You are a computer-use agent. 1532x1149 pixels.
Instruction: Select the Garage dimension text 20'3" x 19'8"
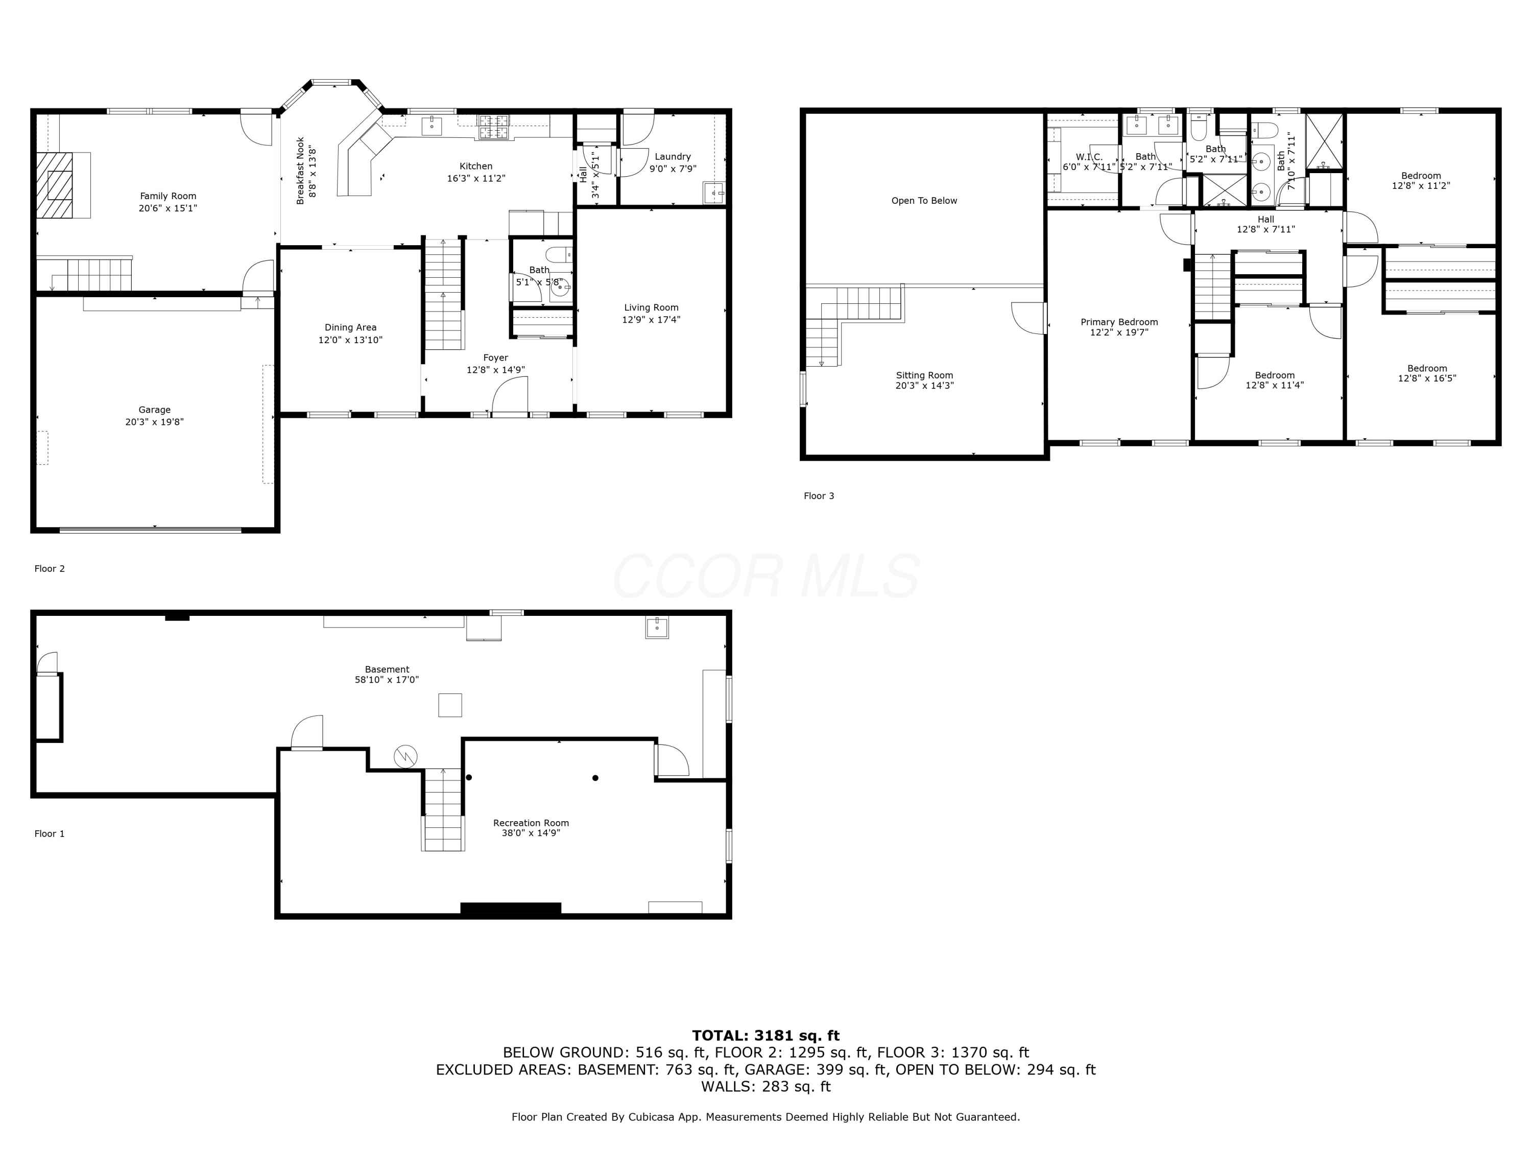(x=154, y=422)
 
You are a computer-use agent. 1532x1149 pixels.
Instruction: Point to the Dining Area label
(x=350, y=328)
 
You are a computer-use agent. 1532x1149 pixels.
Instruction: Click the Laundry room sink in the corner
(x=713, y=193)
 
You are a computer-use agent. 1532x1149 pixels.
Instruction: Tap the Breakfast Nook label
(x=301, y=171)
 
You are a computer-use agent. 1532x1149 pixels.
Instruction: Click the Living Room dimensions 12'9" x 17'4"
(x=651, y=319)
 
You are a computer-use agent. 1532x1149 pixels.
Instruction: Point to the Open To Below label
(x=924, y=201)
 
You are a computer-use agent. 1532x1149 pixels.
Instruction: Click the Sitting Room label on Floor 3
(x=924, y=375)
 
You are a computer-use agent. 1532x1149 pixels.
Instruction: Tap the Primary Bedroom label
(x=1118, y=322)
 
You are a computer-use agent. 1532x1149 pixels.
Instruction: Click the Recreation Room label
(x=531, y=823)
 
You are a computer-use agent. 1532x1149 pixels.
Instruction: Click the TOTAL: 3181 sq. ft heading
(x=765, y=1036)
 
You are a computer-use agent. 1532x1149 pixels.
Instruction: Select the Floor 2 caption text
(x=50, y=568)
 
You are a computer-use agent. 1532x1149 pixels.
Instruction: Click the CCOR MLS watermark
(x=765, y=576)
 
